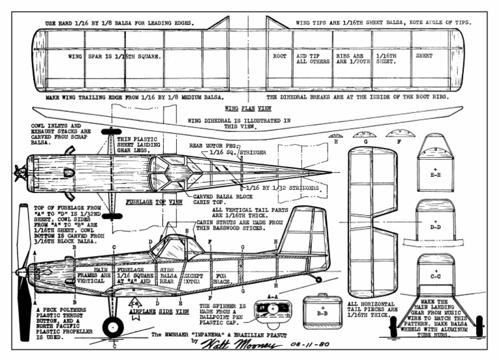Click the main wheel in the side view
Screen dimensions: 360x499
tap(113, 326)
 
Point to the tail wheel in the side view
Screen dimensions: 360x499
tap(318, 279)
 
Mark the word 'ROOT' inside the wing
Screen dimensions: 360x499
tap(279, 57)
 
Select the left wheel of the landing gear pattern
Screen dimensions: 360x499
tap(392, 326)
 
